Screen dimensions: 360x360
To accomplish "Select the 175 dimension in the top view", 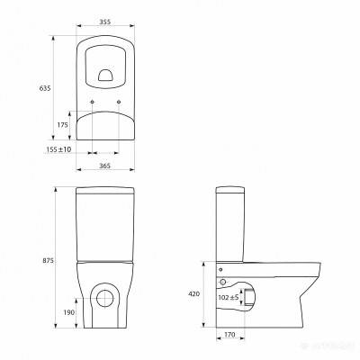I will pos(62,125).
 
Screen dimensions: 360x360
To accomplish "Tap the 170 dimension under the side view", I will pos(231,335).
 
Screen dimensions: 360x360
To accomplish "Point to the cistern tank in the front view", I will pos(106,225).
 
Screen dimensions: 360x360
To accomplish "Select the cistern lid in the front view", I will pos(106,192).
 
